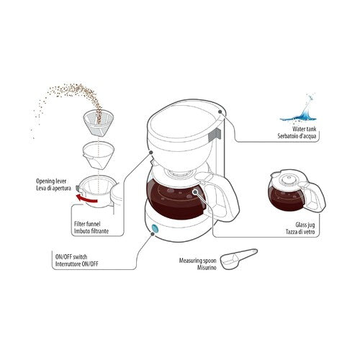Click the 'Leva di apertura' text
pyautogui.click(x=54, y=188)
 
